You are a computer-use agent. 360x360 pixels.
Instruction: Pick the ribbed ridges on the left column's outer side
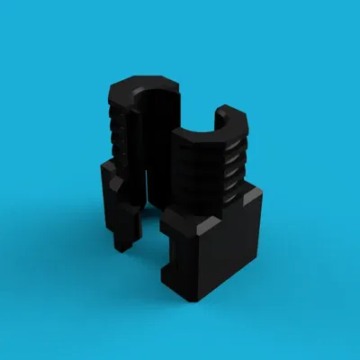pyautogui.click(x=113, y=135)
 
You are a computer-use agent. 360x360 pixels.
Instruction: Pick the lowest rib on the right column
pyautogui.click(x=232, y=191)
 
